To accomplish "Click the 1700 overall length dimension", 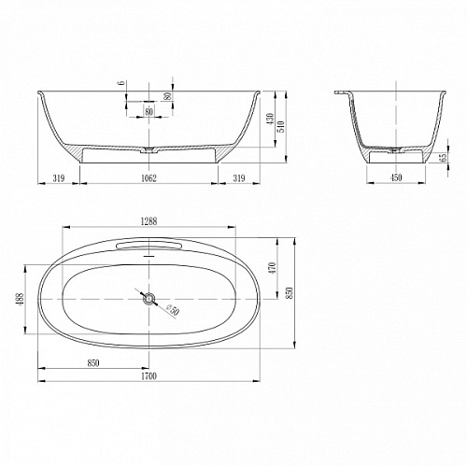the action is pos(149,376).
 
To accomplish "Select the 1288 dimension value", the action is pos(149,221).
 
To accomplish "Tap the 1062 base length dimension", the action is pos(149,178).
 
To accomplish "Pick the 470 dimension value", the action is pos(272,268).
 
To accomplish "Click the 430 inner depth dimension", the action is pos(270,119).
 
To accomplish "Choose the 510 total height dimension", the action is pos(281,126).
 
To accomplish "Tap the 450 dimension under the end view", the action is pos(396,177).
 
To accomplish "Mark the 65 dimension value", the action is pos(444,157).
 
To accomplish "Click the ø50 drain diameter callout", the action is pos(172,310).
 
